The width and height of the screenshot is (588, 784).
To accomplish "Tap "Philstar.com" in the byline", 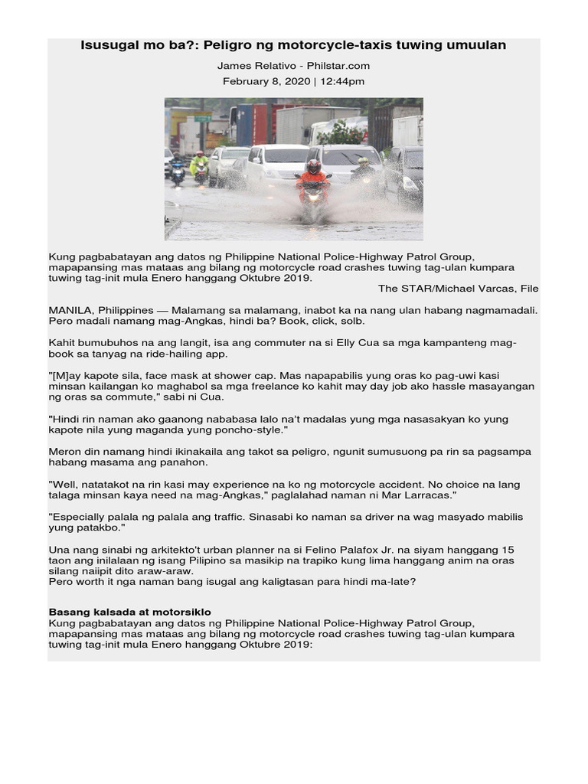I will (337, 67).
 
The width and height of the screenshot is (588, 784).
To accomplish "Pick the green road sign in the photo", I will (202, 119).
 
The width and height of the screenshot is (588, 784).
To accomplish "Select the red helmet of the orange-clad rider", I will (313, 165).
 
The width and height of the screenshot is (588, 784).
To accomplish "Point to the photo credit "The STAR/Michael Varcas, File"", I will (458, 289).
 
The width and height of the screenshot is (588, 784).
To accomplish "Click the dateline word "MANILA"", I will (70, 309).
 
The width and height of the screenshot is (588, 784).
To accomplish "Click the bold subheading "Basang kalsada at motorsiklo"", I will (130, 612).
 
